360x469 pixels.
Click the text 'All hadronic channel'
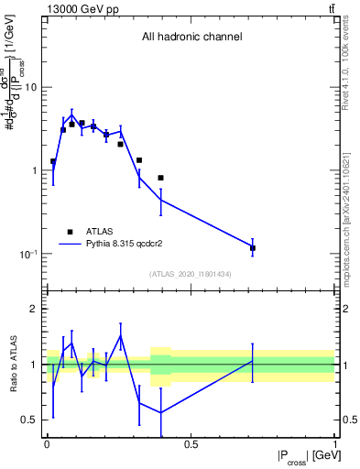pos(191,38)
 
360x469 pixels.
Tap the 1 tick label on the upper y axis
pos(35,171)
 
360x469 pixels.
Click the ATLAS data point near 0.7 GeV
pos(253,247)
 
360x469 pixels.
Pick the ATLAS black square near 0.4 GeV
pos(160,178)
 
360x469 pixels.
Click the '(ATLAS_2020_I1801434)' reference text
pos(191,274)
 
